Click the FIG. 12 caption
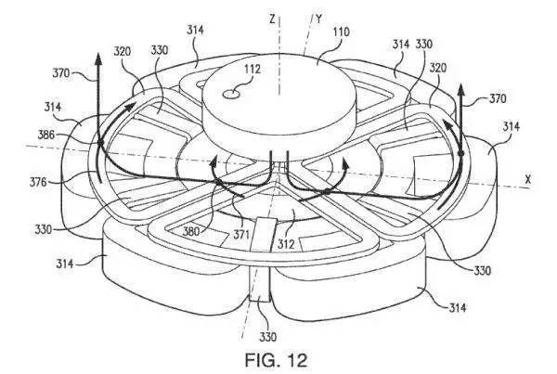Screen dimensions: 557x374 pyautogui.click(x=276, y=360)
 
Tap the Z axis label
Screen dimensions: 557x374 pyautogui.click(x=272, y=19)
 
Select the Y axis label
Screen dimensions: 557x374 pyautogui.click(x=318, y=19)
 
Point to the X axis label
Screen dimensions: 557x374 pyautogui.click(x=528, y=180)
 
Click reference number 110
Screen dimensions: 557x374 pyautogui.click(x=341, y=32)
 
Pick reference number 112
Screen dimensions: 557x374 pyautogui.click(x=252, y=69)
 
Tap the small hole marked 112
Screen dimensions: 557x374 pyautogui.click(x=231, y=94)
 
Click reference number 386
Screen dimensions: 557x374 pyautogui.click(x=46, y=135)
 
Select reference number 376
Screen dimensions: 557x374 pyautogui.click(x=38, y=182)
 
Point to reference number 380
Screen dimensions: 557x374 pyautogui.click(x=192, y=231)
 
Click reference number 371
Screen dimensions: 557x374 pyautogui.click(x=240, y=235)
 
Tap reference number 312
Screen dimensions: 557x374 pyautogui.click(x=286, y=244)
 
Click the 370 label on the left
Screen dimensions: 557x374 pyautogui.click(x=61, y=73)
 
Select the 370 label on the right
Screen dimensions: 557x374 pyautogui.click(x=498, y=98)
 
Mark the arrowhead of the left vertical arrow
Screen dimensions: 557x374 pyautogui.click(x=98, y=58)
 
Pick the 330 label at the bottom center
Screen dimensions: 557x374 pyautogui.click(x=268, y=336)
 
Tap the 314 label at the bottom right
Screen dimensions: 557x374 pyautogui.click(x=458, y=307)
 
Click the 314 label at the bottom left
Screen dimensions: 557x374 pyautogui.click(x=65, y=264)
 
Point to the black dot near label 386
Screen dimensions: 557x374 pyautogui.click(x=100, y=142)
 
